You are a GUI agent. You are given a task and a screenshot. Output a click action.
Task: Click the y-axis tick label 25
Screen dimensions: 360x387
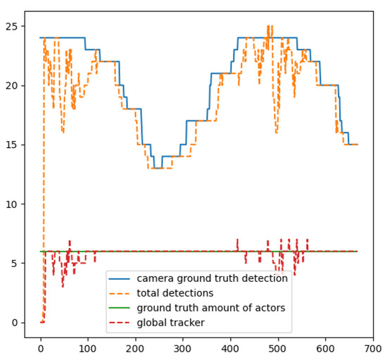click(13, 26)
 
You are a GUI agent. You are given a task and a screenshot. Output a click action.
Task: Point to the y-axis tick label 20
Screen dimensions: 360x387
click(13, 85)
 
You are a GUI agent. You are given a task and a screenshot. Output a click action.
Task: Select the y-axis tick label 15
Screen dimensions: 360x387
click(13, 144)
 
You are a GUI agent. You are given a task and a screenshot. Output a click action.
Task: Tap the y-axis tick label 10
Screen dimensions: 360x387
click(13, 204)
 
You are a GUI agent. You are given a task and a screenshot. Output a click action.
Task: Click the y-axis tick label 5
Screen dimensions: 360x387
click(15, 263)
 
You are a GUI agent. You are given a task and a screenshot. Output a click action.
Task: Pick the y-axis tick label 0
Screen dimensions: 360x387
click(15, 322)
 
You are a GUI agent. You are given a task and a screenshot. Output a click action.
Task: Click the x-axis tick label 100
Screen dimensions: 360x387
click(88, 348)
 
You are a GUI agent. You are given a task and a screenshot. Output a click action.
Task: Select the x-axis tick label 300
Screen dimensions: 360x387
click(183, 348)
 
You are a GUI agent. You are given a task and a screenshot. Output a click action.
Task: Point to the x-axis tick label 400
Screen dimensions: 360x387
click(230, 348)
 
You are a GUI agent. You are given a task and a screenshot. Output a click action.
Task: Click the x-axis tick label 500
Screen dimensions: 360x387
click(278, 348)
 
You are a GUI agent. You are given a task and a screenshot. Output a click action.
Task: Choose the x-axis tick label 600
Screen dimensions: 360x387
click(325, 348)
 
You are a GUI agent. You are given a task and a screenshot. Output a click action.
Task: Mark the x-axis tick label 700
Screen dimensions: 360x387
click(372, 348)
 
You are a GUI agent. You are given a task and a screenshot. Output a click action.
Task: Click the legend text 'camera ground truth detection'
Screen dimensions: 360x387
click(212, 278)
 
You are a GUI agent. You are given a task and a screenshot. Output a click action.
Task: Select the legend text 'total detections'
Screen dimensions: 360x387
click(175, 293)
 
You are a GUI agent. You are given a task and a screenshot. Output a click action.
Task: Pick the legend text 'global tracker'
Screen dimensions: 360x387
click(170, 323)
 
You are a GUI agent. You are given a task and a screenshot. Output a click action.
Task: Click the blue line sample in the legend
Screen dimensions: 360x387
click(120, 279)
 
